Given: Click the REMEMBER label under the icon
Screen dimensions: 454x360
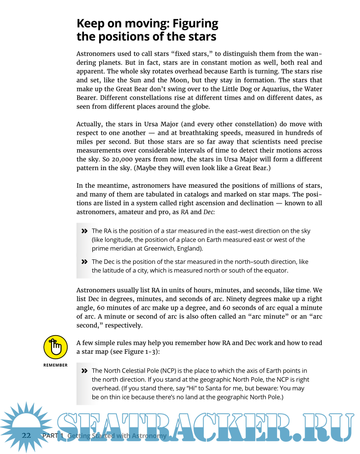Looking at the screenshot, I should click(55, 365).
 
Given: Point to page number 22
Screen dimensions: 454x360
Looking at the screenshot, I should click(27, 436).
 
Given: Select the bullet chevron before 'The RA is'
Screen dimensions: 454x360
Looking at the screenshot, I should click(84, 231).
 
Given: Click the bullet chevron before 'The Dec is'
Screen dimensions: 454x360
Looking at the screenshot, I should click(84, 262).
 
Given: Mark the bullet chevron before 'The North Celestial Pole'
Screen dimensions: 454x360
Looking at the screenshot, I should click(84, 370).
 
